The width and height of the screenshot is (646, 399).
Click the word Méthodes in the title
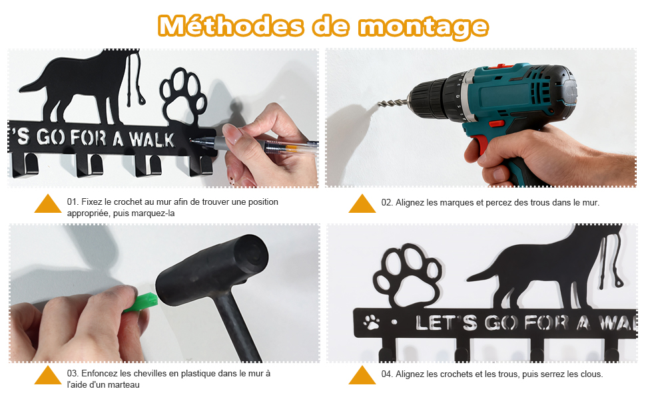pos(230,26)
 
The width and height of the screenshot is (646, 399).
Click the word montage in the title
pos(423,27)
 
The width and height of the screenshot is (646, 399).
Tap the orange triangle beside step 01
pos(48,203)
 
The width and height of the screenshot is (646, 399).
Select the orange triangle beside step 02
pos(362,203)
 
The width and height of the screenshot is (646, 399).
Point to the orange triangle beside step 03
pos(48,375)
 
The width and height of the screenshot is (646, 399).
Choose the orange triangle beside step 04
pos(362,375)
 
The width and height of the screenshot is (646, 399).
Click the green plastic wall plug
pos(141,303)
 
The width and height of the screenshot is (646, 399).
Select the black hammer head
pos(213,270)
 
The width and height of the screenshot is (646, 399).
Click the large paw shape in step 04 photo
pos(407,275)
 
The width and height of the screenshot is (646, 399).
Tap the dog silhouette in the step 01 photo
pos(83,86)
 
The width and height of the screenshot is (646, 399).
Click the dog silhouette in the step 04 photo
pos(548,267)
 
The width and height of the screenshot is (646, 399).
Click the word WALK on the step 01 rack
pos(151,139)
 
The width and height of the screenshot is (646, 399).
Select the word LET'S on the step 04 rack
pos(446,323)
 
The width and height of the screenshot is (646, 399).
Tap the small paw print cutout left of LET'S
pos(372,322)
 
